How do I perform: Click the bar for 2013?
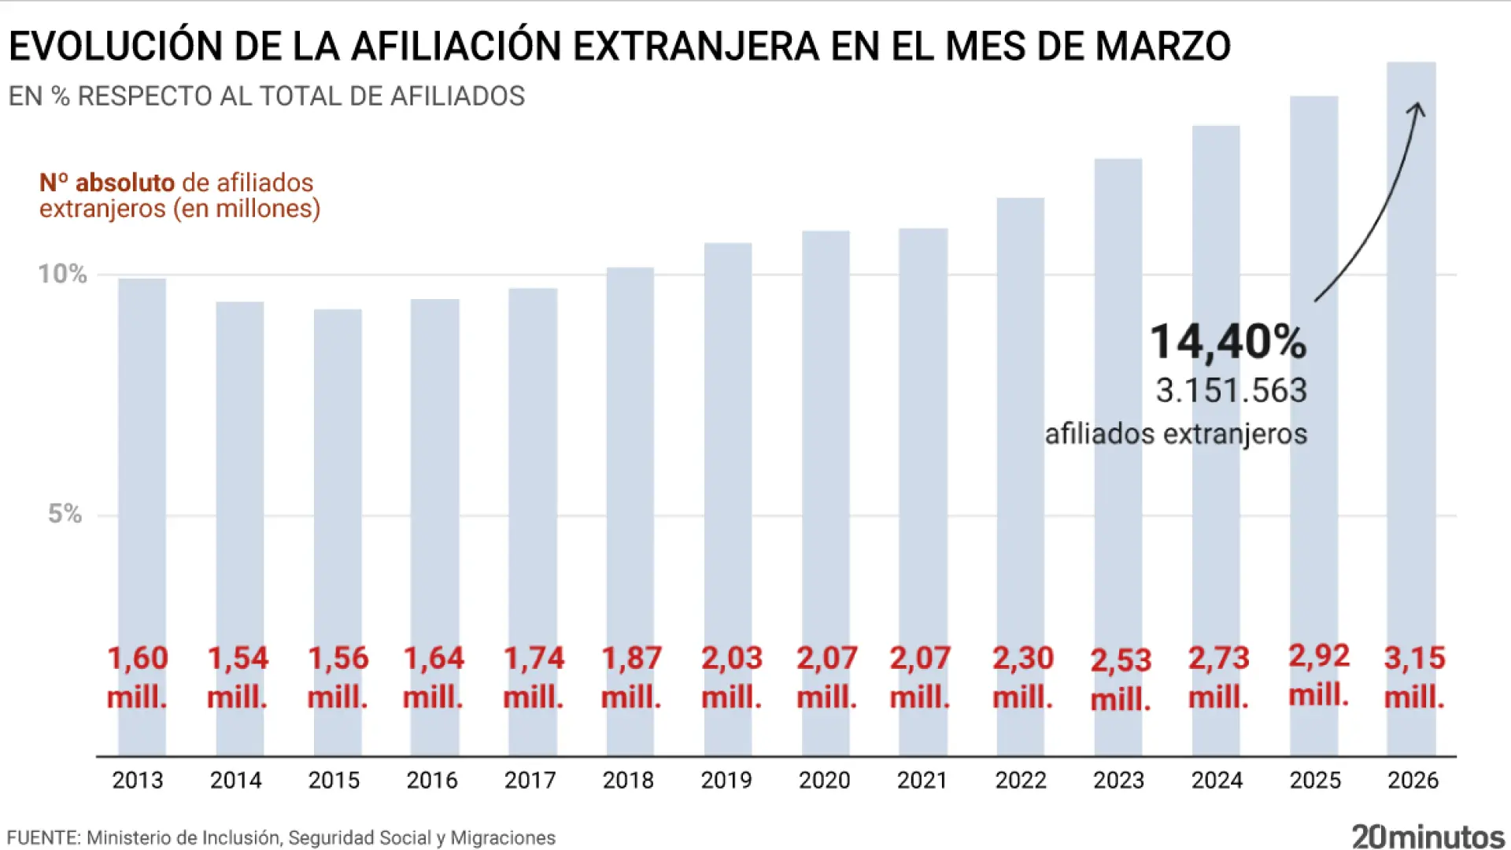(x=142, y=472)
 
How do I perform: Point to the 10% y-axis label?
(x=62, y=274)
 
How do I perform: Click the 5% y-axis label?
(x=65, y=514)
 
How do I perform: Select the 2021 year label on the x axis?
(x=922, y=780)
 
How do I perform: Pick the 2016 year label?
(x=431, y=780)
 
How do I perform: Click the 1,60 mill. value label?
(x=137, y=677)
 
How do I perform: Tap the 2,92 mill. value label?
(x=1319, y=675)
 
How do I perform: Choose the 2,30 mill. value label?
(x=1022, y=677)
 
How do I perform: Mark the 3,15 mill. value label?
(x=1414, y=677)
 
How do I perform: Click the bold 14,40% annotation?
(x=1228, y=342)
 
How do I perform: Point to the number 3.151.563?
(x=1231, y=391)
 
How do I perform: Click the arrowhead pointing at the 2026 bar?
(x=1417, y=109)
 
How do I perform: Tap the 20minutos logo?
(x=1428, y=837)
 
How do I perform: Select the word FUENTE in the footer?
(x=43, y=837)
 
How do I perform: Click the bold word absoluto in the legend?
(x=124, y=183)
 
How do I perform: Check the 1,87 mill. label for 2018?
(x=631, y=677)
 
